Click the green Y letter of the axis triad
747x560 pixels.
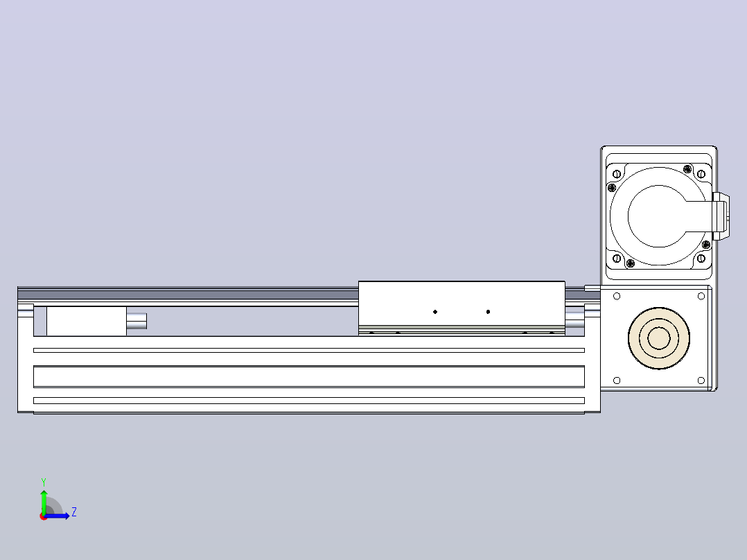[44, 482]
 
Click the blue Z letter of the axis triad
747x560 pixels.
[74, 512]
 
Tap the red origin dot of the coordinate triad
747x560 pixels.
[44, 516]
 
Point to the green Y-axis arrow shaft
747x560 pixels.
[44, 502]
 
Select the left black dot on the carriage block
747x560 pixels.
[435, 312]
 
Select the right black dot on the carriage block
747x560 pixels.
[488, 312]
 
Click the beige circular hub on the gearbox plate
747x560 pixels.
[659, 338]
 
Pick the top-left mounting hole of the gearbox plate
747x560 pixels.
[617, 297]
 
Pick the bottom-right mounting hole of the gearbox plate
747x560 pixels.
[701, 380]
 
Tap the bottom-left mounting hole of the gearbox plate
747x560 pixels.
[617, 380]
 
